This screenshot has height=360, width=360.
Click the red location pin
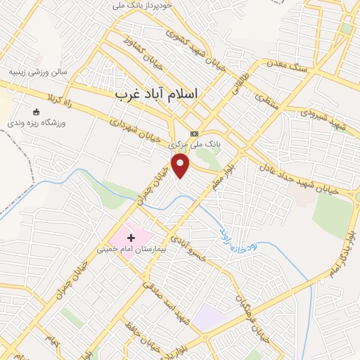(181, 166)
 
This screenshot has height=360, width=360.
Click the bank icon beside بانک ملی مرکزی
(194, 134)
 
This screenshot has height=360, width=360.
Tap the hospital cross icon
(131, 238)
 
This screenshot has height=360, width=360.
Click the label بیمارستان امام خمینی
(131, 250)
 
